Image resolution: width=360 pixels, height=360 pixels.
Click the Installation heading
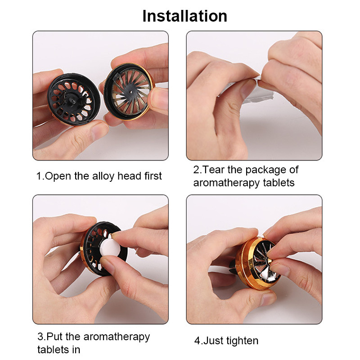click(185, 16)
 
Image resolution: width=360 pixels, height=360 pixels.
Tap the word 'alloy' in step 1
click(103, 176)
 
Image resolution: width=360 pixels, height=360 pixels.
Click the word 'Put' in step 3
click(54, 337)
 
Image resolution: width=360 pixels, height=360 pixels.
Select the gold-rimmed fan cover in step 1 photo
click(129, 92)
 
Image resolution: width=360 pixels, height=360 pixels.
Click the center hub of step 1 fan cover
click(131, 92)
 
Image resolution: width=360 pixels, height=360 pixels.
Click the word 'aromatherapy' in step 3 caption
click(117, 337)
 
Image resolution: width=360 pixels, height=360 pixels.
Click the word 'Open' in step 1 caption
click(58, 176)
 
